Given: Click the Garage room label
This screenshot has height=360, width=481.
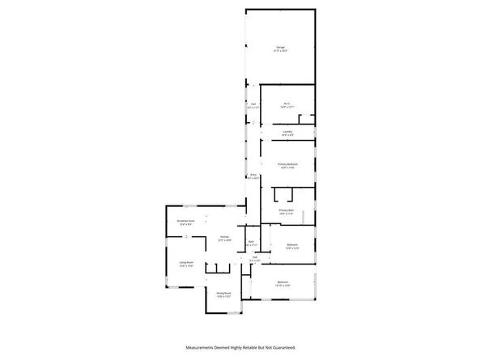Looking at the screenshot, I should click(x=279, y=49).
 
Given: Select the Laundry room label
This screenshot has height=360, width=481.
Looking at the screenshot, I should click(x=287, y=132).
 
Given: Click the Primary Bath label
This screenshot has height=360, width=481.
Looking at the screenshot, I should click(x=286, y=210).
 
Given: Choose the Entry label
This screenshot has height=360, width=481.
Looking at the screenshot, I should click(x=253, y=175).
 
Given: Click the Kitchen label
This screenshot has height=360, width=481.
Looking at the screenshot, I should click(x=225, y=236).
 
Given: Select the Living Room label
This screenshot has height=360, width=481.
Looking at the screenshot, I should click(x=187, y=262).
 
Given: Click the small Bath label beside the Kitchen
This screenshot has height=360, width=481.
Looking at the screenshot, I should click(x=251, y=241).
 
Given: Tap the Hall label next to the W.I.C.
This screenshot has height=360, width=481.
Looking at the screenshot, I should click(x=253, y=104).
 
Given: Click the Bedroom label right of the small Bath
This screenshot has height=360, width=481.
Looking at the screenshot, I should click(x=292, y=244).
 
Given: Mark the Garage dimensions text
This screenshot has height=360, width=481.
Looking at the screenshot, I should click(x=279, y=52).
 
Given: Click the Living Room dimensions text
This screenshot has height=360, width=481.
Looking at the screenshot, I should click(x=187, y=266).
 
